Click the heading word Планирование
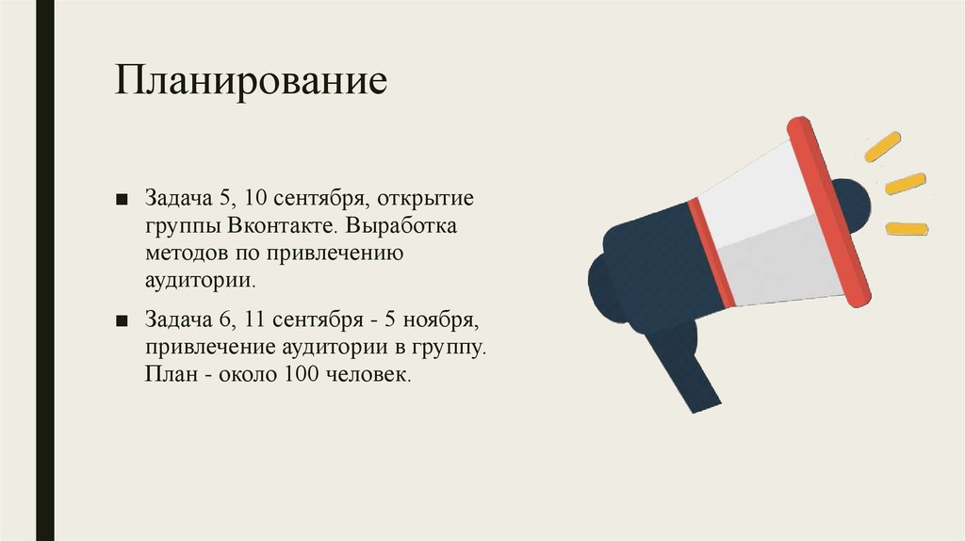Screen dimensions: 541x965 pyautogui.click(x=252, y=81)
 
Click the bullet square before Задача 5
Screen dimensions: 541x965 pyautogui.click(x=123, y=201)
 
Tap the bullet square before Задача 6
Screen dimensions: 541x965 pyautogui.click(x=123, y=321)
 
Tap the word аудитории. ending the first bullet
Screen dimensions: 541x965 pyautogui.click(x=200, y=279)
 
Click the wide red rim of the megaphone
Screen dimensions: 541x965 pyautogui.click(x=826, y=212)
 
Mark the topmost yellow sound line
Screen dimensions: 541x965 pyautogui.click(x=883, y=146)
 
